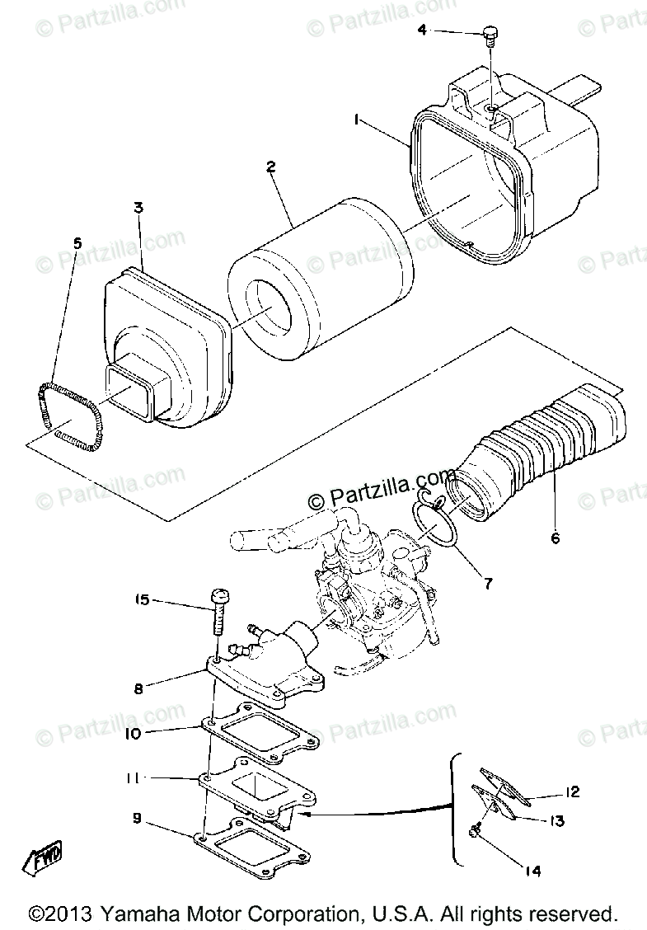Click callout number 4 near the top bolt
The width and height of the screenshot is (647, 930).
click(x=422, y=31)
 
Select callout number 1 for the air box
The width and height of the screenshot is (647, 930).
click(x=357, y=120)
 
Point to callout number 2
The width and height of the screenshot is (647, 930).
click(x=270, y=167)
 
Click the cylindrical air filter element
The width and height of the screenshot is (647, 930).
click(x=321, y=264)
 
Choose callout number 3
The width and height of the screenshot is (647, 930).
click(x=138, y=207)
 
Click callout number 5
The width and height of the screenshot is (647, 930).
click(x=77, y=242)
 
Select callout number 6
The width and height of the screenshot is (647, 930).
click(x=555, y=539)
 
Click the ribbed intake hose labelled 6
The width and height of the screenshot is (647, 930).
click(x=536, y=445)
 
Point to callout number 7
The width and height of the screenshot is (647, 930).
click(x=488, y=584)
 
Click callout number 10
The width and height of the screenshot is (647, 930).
click(x=135, y=732)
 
